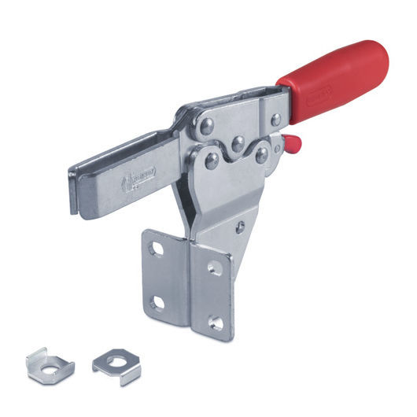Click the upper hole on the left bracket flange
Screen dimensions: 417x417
coord(157,250)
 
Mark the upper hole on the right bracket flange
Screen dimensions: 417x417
coord(215,268)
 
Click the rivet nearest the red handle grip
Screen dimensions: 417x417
coord(275,120)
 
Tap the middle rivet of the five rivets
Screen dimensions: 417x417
coord(236,144)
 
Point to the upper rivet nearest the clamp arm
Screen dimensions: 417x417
coord(205,125)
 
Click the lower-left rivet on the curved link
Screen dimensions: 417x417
coord(212,161)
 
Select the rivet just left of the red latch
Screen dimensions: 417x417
coord(261,155)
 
